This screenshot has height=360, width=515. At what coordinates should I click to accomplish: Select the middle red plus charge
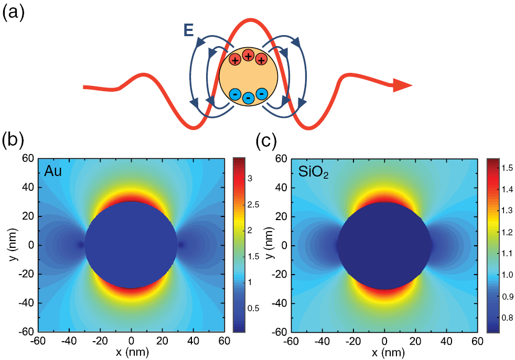pos(248,55)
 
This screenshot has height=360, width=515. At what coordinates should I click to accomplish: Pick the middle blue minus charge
pos(248,97)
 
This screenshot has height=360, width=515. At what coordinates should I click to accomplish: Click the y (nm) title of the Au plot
pos(12,245)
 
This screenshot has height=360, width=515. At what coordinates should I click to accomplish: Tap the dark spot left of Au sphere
pos(80,245)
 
